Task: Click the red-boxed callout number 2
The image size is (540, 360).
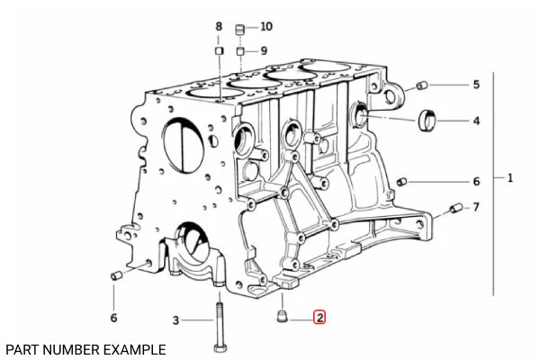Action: [x=319, y=318]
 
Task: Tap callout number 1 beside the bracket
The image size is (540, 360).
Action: [x=510, y=178]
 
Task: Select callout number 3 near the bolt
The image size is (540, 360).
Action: [x=175, y=320]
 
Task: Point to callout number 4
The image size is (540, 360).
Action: [x=476, y=121]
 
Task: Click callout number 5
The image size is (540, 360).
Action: [x=476, y=85]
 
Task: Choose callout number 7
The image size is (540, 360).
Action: [x=476, y=207]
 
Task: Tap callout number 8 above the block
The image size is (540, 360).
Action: [x=219, y=26]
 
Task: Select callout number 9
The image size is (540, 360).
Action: [x=264, y=51]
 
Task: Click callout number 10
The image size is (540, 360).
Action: [x=266, y=26]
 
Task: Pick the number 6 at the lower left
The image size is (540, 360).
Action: [x=113, y=318]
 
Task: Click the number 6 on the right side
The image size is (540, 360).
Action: [x=476, y=181]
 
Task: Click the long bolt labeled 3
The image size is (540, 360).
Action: [x=219, y=327]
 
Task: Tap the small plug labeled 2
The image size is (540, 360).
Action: [x=282, y=316]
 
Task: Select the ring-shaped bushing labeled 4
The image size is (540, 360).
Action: [x=427, y=121]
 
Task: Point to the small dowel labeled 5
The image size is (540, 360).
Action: [x=422, y=85]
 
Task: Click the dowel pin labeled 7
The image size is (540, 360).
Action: [x=456, y=208]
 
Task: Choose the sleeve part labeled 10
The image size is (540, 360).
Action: [x=239, y=29]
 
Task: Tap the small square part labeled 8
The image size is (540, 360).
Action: [x=219, y=51]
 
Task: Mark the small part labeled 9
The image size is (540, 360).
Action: [x=240, y=51]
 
